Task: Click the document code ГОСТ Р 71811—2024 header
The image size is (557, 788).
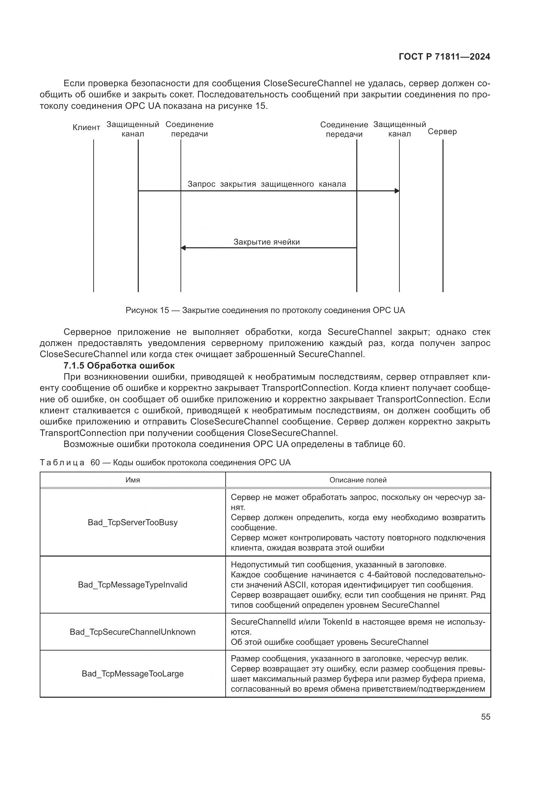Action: [445, 57]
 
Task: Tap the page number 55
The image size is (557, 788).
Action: [485, 717]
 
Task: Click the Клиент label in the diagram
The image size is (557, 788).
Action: [87, 128]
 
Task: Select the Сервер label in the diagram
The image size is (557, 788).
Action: [442, 132]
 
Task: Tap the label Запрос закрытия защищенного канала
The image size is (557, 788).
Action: [266, 184]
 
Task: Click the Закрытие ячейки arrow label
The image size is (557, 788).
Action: [266, 242]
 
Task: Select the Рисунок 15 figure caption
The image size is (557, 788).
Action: [265, 310]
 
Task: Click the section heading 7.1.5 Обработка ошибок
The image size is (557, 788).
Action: [119, 365]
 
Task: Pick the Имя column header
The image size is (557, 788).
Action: [133, 480]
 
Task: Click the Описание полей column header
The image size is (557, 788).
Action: [358, 480]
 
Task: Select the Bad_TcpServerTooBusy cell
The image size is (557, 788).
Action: [133, 523]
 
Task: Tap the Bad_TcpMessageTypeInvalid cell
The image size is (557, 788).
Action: [133, 585]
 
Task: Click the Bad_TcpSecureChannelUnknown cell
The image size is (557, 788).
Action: [133, 632]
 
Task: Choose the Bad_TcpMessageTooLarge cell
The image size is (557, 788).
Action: [133, 674]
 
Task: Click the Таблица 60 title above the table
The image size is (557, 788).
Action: [165, 462]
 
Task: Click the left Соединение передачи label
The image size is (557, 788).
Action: [189, 129]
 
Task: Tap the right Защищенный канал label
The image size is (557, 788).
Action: [399, 129]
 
